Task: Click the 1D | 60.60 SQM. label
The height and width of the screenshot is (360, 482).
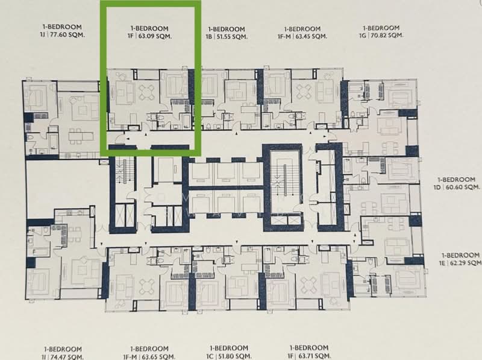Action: tap(458, 187)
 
